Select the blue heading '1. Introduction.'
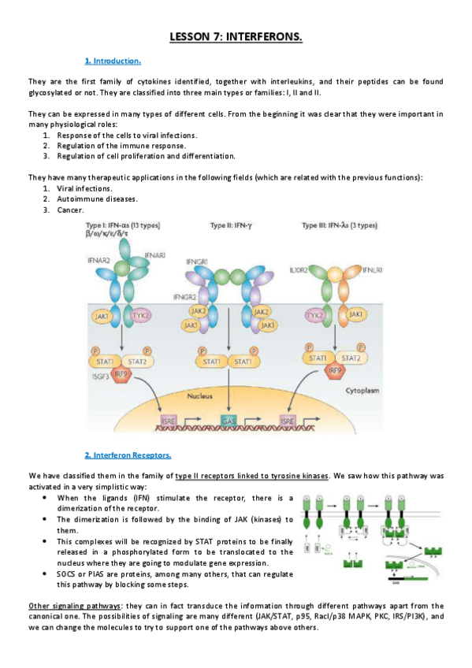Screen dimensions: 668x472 113,61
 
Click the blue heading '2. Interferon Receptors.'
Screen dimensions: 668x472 128,455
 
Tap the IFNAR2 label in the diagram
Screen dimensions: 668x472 99,258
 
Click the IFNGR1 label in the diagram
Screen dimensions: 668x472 198,260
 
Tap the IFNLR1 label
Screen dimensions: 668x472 373,270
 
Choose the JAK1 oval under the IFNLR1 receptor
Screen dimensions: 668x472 355,314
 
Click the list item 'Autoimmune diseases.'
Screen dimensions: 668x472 91,199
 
